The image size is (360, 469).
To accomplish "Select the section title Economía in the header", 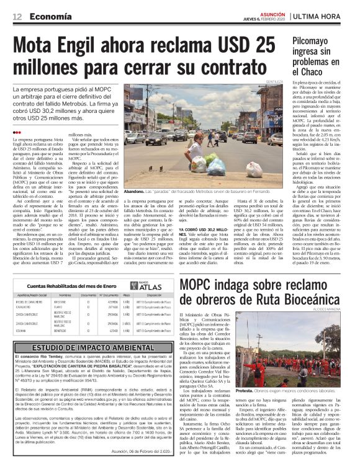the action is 48,16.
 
